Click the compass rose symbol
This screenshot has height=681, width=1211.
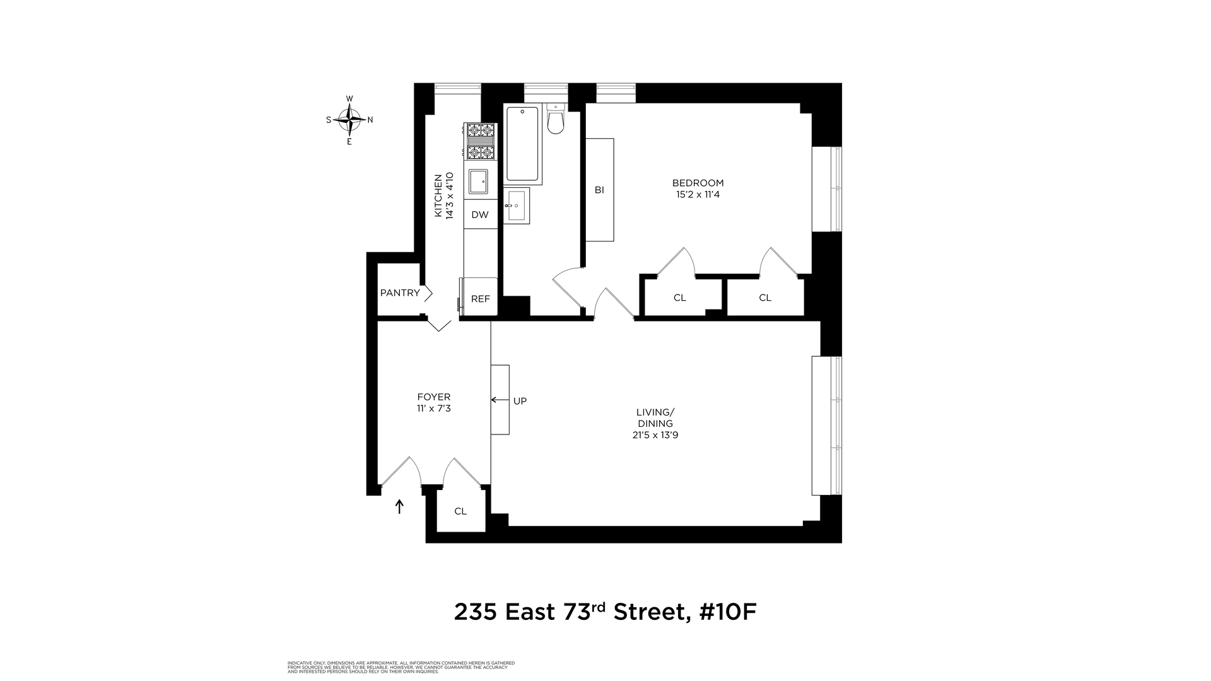point(349,119)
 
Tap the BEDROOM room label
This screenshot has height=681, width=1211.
point(698,183)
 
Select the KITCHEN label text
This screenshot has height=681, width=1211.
point(438,195)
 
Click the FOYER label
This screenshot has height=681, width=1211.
point(434,397)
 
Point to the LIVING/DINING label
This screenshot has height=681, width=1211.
point(655,417)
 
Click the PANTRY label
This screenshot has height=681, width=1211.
point(400,293)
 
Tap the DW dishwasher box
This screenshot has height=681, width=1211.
point(480,214)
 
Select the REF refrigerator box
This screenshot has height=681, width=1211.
point(481,299)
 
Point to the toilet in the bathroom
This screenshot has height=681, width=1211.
point(555,120)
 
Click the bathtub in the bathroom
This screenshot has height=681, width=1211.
point(523,144)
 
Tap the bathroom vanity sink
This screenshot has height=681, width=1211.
point(517,205)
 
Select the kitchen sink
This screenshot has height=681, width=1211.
point(479,182)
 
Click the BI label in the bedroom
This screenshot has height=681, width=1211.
point(599,189)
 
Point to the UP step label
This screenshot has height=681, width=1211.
point(520,400)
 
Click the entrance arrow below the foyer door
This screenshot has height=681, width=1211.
point(399,506)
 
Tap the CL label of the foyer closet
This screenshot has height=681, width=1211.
point(460,511)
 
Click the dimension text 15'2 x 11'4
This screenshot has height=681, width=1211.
point(698,194)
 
